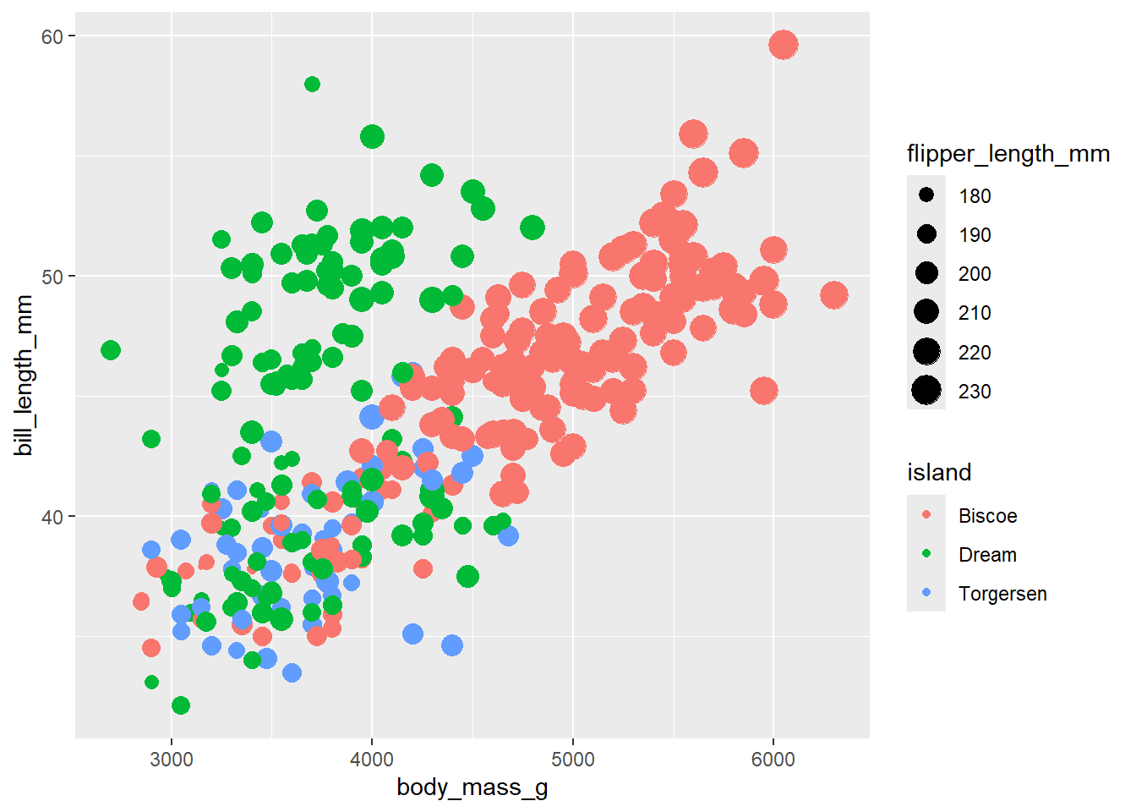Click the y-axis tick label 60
pyautogui.click(x=52, y=36)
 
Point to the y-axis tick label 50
pyautogui.click(x=52, y=277)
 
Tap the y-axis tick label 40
pyautogui.click(x=52, y=517)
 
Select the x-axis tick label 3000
pyautogui.click(x=172, y=759)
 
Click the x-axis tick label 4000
pyautogui.click(x=372, y=759)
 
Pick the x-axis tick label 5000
pyautogui.click(x=573, y=759)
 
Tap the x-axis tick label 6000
pyautogui.click(x=773, y=759)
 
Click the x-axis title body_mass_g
pyautogui.click(x=472, y=787)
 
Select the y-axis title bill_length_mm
pyautogui.click(x=24, y=375)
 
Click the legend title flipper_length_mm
pyautogui.click(x=1008, y=154)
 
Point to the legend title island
pyautogui.click(x=939, y=472)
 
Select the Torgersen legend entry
pyautogui.click(x=1002, y=594)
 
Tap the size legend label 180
pyautogui.click(x=975, y=196)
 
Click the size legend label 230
pyautogui.click(x=975, y=392)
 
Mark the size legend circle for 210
pyautogui.click(x=926, y=312)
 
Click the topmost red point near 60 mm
pyautogui.click(x=784, y=45)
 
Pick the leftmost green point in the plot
pyautogui.click(x=111, y=350)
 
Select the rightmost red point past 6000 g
pyautogui.click(x=834, y=295)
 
